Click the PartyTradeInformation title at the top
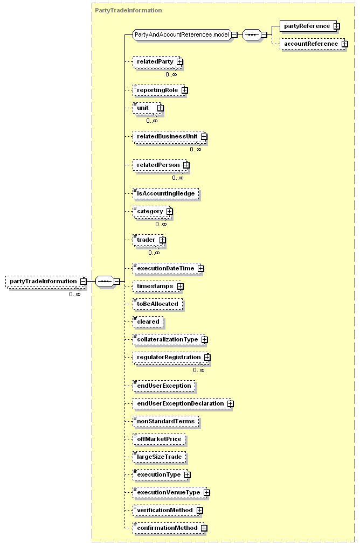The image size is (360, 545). pos(128,10)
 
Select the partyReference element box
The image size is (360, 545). pos(308,26)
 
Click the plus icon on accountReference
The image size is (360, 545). pos(345,44)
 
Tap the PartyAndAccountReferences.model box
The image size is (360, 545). pos(182,35)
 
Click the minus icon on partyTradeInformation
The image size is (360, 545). pos(83,281)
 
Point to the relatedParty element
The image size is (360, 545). pos(157,62)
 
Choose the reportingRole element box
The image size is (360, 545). pos(159,90)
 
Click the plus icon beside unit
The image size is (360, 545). pos(161,108)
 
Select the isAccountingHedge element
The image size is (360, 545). pos(166,193)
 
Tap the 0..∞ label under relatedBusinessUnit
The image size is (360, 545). pos(196,149)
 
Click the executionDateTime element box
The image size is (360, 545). pos(167,268)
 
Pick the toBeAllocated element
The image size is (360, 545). pos(158,304)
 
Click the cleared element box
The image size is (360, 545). pos(148,322)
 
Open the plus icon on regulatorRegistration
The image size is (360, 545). pos(207,357)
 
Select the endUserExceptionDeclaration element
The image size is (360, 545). pos(182,403)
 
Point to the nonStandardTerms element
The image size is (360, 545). pos(166,421)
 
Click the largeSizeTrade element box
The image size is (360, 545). pos(160,457)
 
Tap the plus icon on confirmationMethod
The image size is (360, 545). pos(204,528)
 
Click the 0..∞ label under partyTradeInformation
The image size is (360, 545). pos(75,294)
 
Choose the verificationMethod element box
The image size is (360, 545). pos(167,510)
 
